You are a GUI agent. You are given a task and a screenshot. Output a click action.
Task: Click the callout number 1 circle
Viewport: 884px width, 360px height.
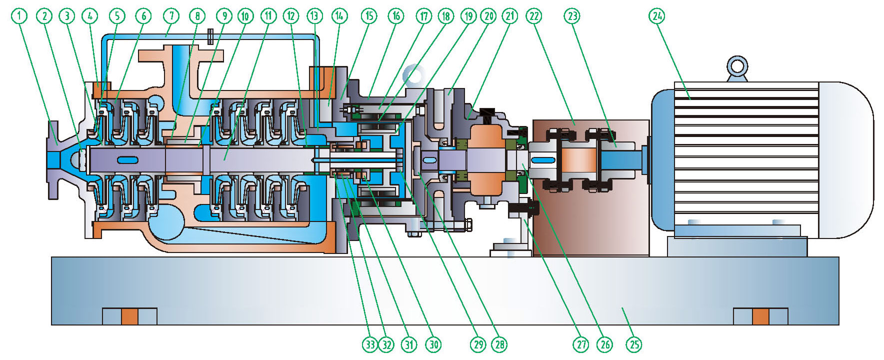click(19, 16)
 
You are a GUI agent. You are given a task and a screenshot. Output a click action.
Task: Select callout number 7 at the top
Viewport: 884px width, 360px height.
click(171, 16)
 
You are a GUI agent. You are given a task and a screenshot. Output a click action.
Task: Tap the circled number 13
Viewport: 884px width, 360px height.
click(314, 16)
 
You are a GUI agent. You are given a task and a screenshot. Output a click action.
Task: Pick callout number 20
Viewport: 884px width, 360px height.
click(488, 16)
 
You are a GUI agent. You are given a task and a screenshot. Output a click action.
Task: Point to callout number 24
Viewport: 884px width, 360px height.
click(657, 16)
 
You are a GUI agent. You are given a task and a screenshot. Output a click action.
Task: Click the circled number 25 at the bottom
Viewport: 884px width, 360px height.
click(633, 344)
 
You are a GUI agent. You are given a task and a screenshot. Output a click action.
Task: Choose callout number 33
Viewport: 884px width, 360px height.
click(370, 344)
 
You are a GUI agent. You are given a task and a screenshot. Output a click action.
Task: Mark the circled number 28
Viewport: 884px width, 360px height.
click(499, 344)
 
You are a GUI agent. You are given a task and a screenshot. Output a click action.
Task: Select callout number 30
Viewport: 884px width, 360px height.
click(433, 344)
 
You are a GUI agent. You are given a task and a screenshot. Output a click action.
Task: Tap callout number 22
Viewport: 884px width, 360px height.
click(534, 16)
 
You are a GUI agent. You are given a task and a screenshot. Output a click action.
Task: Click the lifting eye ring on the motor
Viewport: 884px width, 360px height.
click(737, 66)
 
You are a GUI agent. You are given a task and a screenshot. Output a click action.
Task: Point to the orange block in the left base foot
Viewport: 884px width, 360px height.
click(129, 316)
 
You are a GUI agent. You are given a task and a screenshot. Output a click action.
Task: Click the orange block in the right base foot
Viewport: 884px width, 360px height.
click(760, 316)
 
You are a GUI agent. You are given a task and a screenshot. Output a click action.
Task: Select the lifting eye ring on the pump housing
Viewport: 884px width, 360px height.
click(414, 75)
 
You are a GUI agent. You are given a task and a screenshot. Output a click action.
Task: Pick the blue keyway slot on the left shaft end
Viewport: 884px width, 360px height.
click(128, 160)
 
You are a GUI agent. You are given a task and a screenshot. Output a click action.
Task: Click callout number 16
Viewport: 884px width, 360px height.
click(396, 16)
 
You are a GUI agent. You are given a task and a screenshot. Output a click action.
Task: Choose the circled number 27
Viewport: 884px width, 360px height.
click(580, 344)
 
